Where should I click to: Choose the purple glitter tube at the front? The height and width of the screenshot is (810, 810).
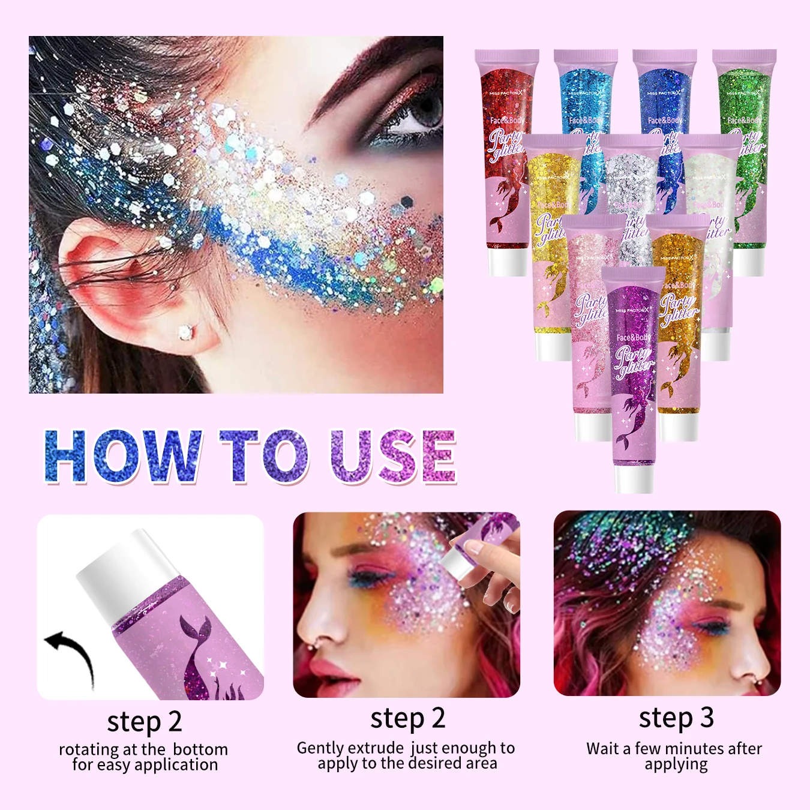pos(634,372)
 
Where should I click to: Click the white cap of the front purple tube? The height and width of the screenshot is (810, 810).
pos(634,479)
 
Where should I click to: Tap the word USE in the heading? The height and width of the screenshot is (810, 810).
pos(393,456)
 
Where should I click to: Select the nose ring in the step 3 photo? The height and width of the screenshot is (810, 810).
pos(759,682)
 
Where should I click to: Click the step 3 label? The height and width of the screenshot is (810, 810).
pos(676,718)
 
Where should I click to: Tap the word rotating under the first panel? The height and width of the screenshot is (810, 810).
pos(89,750)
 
